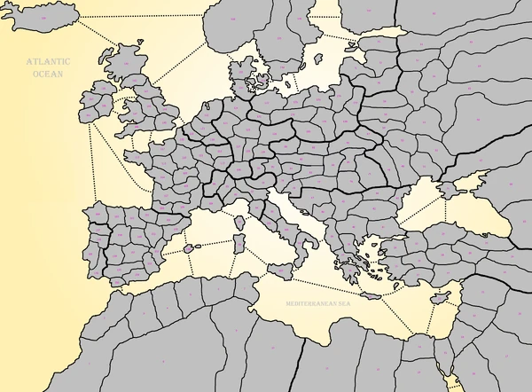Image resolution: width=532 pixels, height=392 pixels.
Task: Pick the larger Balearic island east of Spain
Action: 189,248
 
